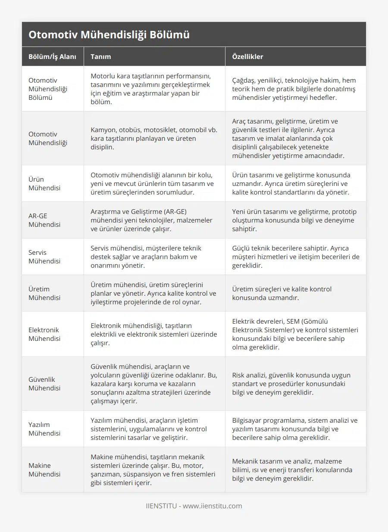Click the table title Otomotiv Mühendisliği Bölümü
point(109,35)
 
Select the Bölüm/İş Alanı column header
point(52,56)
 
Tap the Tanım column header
point(100,56)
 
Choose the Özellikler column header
point(247,56)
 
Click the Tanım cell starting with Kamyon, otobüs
point(154,138)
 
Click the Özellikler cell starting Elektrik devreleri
point(295,334)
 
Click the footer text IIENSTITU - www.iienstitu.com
point(194,506)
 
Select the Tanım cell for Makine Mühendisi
point(153,470)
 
